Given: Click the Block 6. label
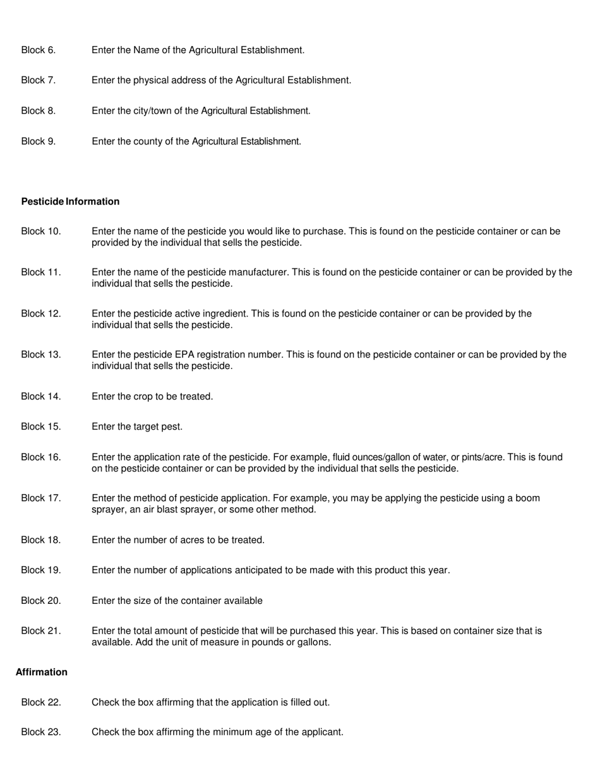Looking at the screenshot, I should coord(39,50).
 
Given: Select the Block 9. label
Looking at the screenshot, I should coord(39,142).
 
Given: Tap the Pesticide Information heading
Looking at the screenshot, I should coord(70,202).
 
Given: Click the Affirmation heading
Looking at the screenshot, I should coord(42,672).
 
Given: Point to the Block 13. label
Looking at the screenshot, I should coord(41,355).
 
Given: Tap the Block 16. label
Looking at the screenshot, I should coord(41,457).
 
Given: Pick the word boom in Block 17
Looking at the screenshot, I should coord(529,498).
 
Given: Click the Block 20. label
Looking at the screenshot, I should coord(41,601).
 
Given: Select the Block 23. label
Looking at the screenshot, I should coord(41,732).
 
